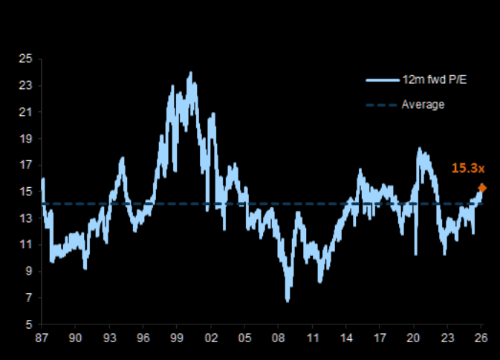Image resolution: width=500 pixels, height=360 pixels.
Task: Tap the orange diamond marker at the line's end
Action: click(482, 188)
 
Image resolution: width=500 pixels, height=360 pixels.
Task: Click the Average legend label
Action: click(423, 105)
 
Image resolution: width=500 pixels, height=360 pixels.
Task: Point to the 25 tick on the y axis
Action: click(25, 59)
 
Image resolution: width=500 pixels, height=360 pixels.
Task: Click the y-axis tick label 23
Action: click(25, 85)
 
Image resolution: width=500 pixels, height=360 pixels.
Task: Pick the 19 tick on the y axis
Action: click(25, 138)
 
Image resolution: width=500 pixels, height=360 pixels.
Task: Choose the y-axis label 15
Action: click(25, 192)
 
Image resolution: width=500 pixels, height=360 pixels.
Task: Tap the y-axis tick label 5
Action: click(28, 324)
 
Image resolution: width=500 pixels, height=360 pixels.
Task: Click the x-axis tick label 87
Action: click(42, 338)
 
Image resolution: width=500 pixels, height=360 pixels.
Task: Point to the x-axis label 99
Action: click(177, 338)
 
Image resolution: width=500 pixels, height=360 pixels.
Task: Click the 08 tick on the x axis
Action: click(279, 338)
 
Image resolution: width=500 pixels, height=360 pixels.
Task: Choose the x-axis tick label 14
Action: click(346, 338)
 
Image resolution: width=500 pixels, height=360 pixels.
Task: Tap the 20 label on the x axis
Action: click(414, 338)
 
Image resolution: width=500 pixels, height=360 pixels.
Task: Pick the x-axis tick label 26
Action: click(481, 338)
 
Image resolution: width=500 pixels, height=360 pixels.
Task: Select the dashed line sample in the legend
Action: click(381, 105)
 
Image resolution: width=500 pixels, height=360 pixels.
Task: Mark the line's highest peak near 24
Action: click(190, 73)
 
